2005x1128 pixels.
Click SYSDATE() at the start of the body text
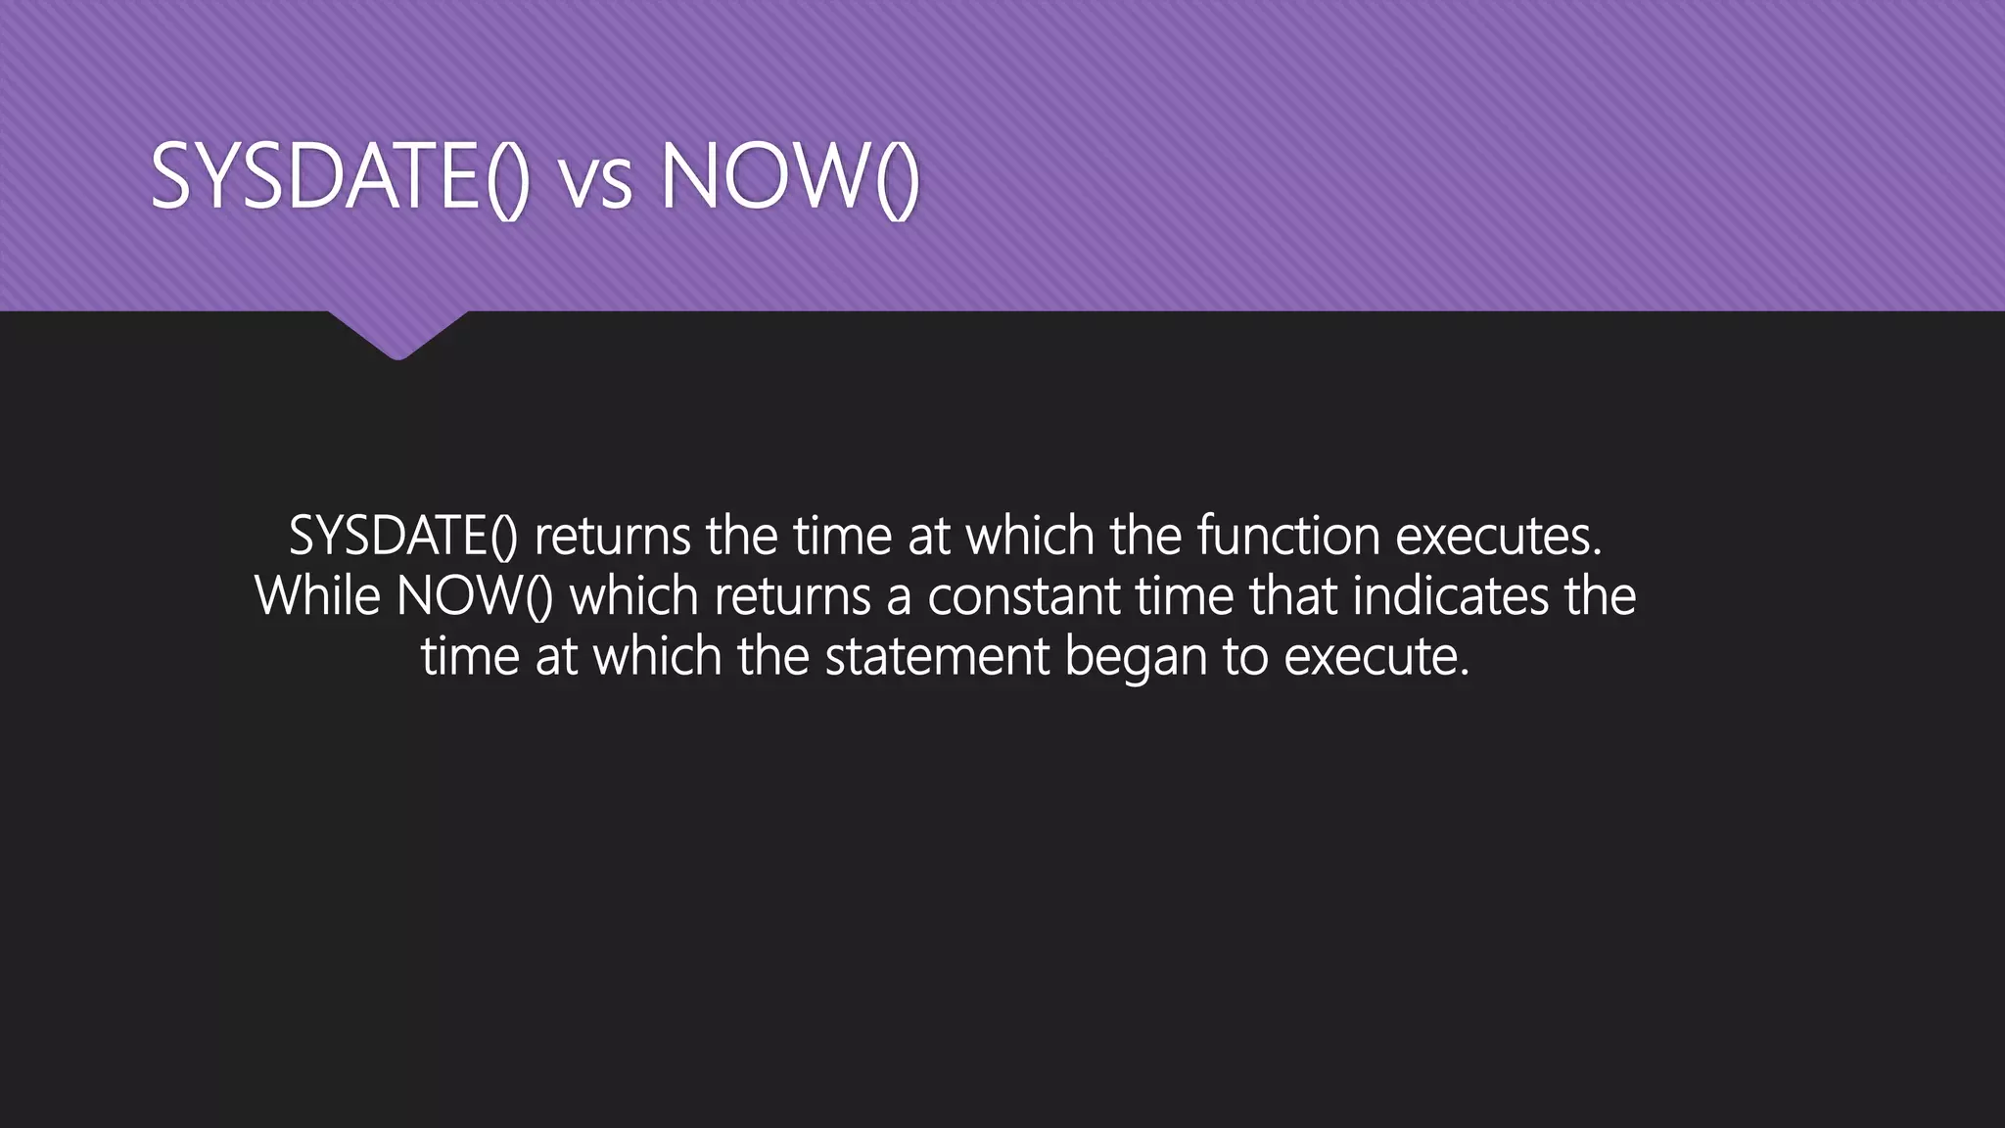[x=402, y=536]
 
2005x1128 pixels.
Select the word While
[x=317, y=595]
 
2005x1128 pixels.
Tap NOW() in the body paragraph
[x=475, y=595]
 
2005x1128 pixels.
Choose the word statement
[x=937, y=656]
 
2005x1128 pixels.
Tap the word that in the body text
[x=1292, y=595]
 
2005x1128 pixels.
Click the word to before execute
[x=1245, y=656]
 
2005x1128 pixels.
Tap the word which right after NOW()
[x=633, y=595]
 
